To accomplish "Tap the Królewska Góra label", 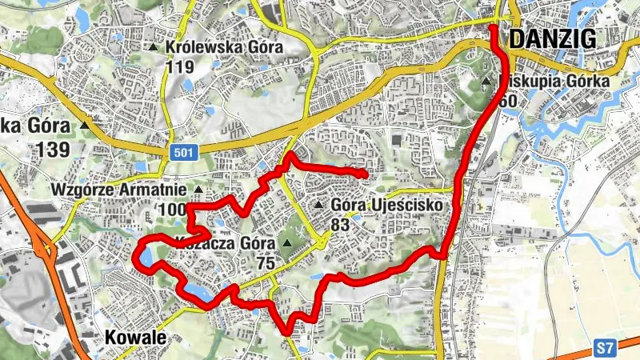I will (x=224, y=47).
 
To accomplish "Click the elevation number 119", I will (x=181, y=67).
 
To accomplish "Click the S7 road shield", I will (x=605, y=348).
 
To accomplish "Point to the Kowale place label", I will (x=135, y=338).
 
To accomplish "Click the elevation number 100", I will (x=172, y=210).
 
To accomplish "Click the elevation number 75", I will (x=267, y=262).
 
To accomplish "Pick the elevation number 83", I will (x=340, y=226).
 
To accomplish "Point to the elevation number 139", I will (x=52, y=149).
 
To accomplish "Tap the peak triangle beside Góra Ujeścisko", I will (x=319, y=206).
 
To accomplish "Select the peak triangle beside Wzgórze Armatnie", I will (x=198, y=190).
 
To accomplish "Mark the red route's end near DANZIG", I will (x=492, y=29).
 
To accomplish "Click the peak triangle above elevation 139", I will (x=86, y=125).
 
